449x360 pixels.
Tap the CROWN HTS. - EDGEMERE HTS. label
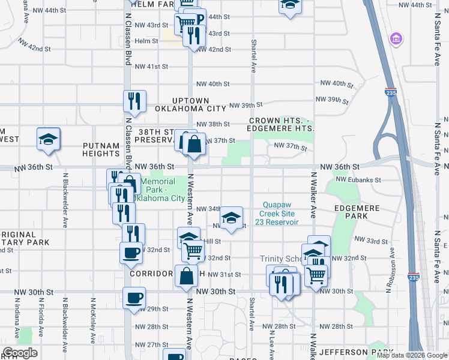click(x=282, y=125)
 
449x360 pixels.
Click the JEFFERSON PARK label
click(x=351, y=352)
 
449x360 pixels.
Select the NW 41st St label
click(x=151, y=67)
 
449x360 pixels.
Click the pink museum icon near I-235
click(x=395, y=40)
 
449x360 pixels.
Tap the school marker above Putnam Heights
click(x=49, y=139)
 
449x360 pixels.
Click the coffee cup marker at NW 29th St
click(x=134, y=298)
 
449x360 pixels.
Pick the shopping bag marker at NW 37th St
click(x=194, y=144)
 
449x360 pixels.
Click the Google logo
click(x=20, y=353)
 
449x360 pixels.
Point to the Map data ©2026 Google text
click(x=411, y=355)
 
